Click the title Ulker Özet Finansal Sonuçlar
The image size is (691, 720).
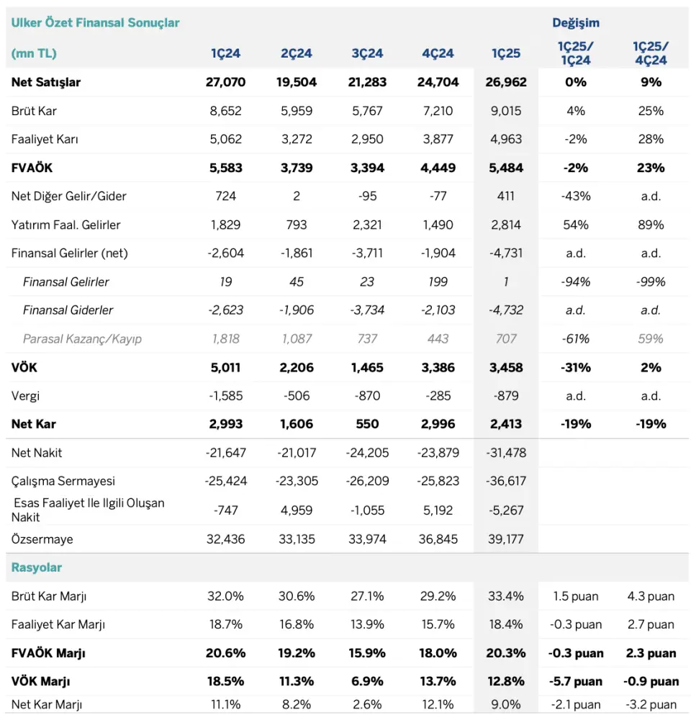[95, 23]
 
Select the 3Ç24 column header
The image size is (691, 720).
[367, 53]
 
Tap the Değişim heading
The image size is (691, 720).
[575, 23]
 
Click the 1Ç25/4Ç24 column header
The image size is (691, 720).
[651, 53]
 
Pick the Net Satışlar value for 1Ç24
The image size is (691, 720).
[225, 82]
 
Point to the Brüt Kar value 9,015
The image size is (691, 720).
[505, 111]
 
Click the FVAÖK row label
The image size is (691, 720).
[32, 168]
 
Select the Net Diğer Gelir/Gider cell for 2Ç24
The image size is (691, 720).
[297, 196]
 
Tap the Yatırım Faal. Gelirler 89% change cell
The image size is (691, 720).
[651, 225]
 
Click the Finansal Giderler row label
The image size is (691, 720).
[68, 310]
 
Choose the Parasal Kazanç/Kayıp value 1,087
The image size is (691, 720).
[297, 339]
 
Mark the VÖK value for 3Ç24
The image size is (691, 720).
[367, 367]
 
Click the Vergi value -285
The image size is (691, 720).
[438, 396]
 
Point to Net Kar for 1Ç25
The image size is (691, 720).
[505, 424]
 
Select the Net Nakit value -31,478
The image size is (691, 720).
[506, 453]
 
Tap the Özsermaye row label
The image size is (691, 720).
[42, 539]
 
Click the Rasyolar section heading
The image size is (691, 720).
[36, 567]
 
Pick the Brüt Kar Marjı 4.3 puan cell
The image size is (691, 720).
[651, 596]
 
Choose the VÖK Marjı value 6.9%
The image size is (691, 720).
[367, 681]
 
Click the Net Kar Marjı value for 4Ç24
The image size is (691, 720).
[438, 704]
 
